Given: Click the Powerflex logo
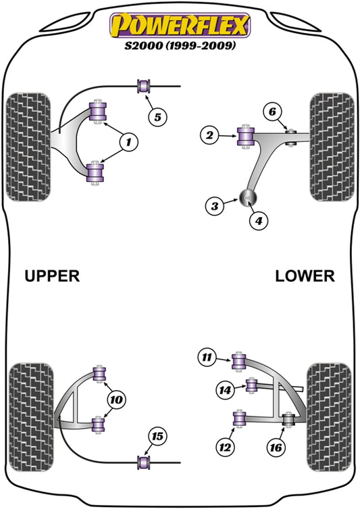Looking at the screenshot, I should tap(180, 25).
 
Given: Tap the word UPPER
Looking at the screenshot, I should tap(52, 276).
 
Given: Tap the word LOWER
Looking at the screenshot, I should tap(305, 276).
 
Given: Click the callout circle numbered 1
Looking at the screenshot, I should tap(126, 141).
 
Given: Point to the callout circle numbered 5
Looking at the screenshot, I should tap(157, 117).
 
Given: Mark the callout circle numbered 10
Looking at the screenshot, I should tap(115, 400).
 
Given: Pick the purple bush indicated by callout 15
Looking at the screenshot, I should tap(143, 462).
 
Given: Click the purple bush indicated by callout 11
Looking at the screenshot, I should tap(238, 362).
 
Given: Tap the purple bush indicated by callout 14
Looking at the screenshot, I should tap(251, 386).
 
